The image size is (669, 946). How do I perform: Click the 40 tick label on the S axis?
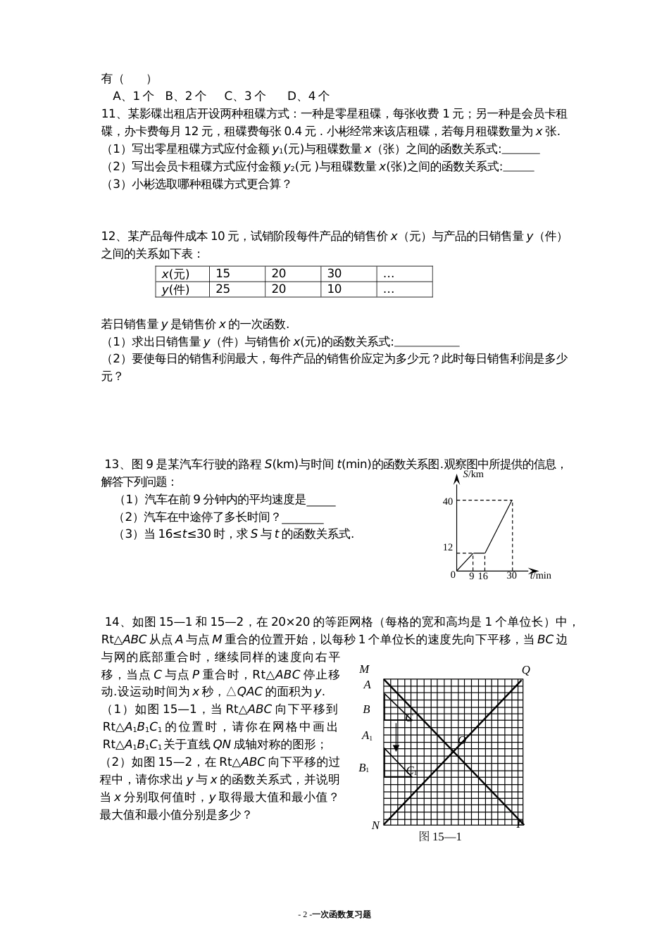[x=447, y=502]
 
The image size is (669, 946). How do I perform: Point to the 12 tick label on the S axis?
[x=447, y=547]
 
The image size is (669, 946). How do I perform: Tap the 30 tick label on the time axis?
[x=511, y=576]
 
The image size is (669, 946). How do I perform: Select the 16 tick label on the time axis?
[x=482, y=576]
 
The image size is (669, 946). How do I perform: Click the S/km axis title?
[x=473, y=474]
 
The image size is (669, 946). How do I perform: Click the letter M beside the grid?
[x=364, y=669]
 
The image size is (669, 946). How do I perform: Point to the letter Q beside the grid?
[x=525, y=670]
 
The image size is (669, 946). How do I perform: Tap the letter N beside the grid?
[x=375, y=825]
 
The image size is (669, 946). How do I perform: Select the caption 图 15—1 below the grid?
[x=440, y=836]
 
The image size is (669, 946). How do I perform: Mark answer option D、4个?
[x=308, y=96]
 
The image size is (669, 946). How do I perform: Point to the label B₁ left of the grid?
[x=364, y=768]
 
